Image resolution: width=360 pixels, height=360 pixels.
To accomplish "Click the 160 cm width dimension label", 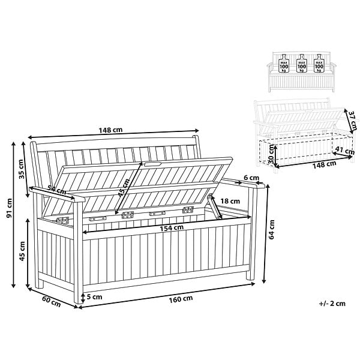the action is pyautogui.click(x=181, y=299).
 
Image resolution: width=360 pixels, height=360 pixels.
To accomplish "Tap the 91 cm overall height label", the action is pyautogui.click(x=9, y=208).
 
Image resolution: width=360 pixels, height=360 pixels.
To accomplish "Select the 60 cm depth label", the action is pyautogui.click(x=52, y=302).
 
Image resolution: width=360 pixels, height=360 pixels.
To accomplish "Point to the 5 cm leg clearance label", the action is pyautogui.click(x=94, y=297).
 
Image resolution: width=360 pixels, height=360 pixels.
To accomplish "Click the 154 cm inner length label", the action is pyautogui.click(x=172, y=228).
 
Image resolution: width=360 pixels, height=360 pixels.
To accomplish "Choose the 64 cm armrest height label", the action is pyautogui.click(x=272, y=229).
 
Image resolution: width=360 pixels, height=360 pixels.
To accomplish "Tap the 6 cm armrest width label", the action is pyautogui.click(x=251, y=178).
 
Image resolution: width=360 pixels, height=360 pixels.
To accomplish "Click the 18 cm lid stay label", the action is pyautogui.click(x=230, y=202).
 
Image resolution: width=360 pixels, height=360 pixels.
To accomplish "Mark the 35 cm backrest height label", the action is pyautogui.click(x=21, y=169).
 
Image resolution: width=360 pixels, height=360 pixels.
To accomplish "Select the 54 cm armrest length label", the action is pyautogui.click(x=57, y=190).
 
